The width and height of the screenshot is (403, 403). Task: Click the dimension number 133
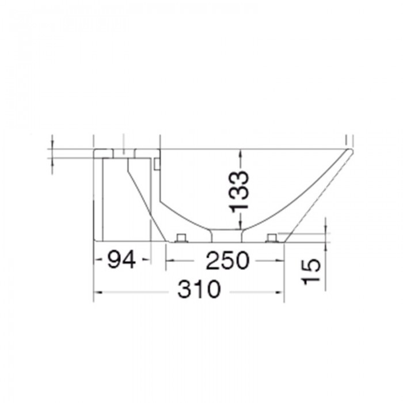point(239,190)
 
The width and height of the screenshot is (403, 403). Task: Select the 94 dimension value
point(121,261)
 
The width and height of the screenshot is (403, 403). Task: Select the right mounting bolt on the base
point(272,238)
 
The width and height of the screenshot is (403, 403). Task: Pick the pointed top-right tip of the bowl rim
point(349,150)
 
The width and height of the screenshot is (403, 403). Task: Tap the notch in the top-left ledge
point(124,153)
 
